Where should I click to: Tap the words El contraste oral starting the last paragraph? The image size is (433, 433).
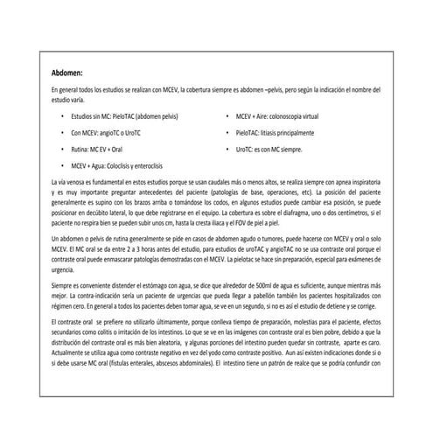coord(73,325)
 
